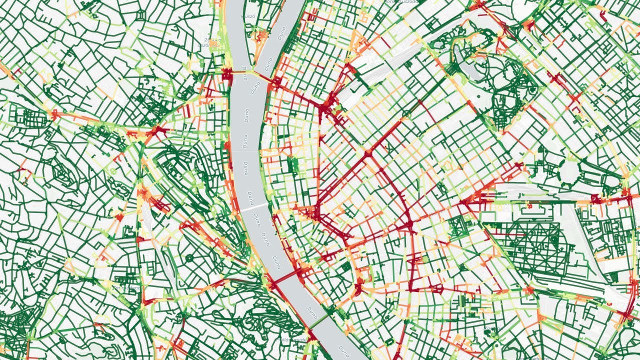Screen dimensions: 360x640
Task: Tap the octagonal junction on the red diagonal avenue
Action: coord(368,155)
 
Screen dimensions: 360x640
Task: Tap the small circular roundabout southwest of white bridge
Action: coord(189,258)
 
